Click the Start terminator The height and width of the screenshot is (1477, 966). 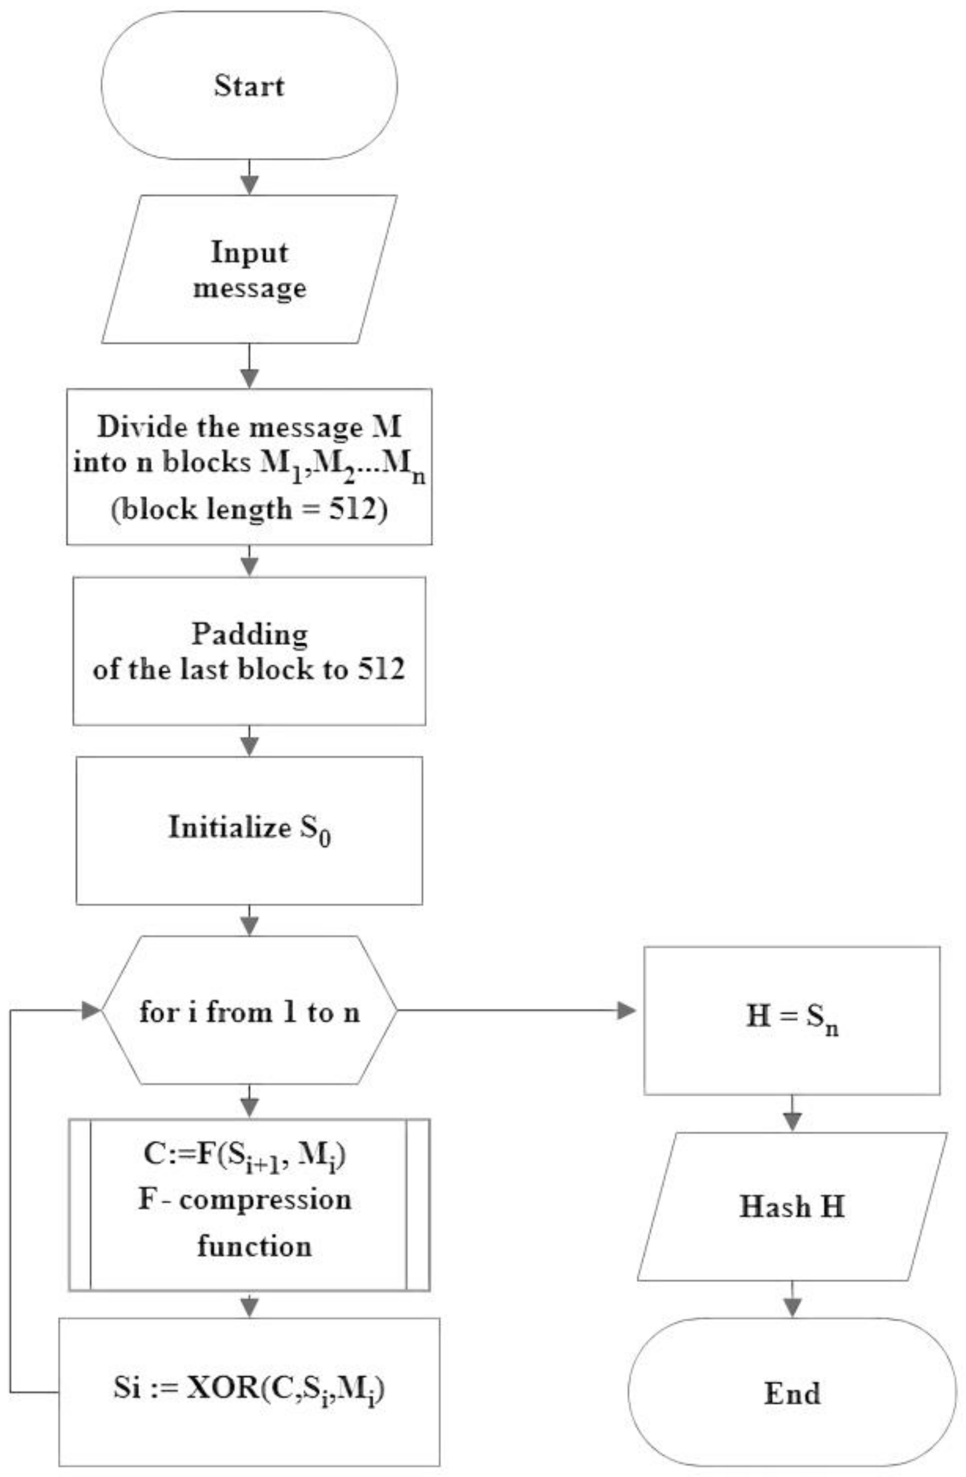[249, 86]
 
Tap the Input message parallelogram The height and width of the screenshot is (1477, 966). [249, 269]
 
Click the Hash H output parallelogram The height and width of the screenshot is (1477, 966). [792, 1207]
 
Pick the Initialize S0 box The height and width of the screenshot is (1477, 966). [249, 830]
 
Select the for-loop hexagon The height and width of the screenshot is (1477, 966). [249, 1013]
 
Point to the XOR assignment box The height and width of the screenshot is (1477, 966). [249, 1392]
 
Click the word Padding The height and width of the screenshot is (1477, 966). [249, 634]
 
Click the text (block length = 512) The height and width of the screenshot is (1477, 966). [249, 510]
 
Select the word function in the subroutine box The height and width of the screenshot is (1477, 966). [254, 1246]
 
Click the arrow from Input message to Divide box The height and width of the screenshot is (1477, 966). [249, 367]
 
